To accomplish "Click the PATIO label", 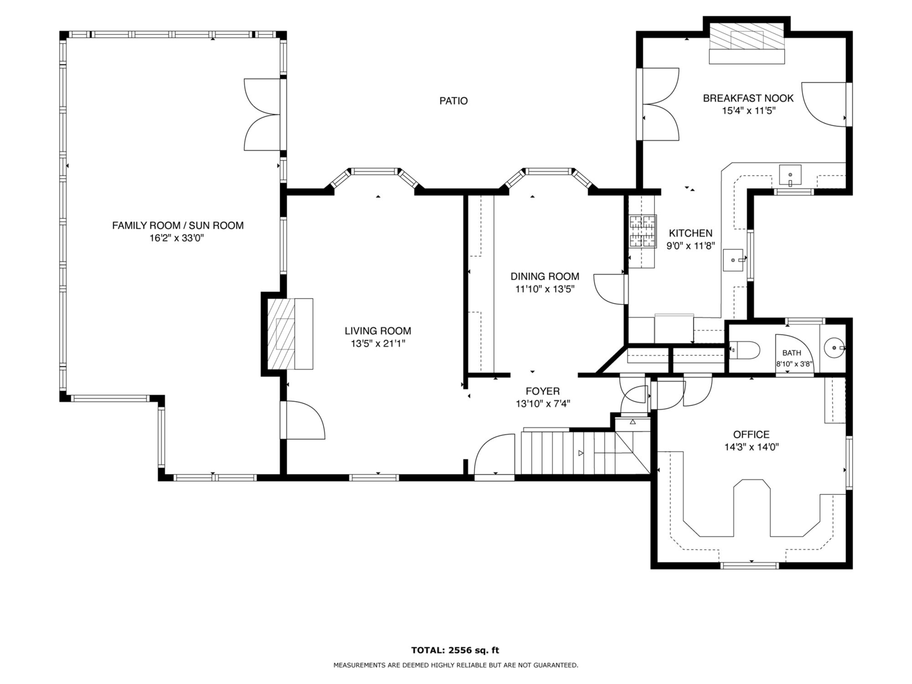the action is pos(453,101).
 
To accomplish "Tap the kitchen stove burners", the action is pos(643,231).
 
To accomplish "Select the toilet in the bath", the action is pos(744,349).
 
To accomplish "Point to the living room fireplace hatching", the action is pos(281,333).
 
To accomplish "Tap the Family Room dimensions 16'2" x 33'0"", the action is pos(177,238).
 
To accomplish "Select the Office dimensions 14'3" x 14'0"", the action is pos(751,447).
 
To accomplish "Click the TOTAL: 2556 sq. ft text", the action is pos(455,650).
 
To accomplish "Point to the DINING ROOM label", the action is pos(545,276).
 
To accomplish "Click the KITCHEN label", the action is pos(690,233).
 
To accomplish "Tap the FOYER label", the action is pos(543,391).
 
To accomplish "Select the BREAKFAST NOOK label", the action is pos(748,98).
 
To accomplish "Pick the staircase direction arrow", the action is pos(580,453).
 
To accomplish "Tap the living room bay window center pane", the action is pos(375,171).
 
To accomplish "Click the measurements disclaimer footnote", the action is pos(455,665).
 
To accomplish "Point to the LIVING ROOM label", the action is pos(378,331).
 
